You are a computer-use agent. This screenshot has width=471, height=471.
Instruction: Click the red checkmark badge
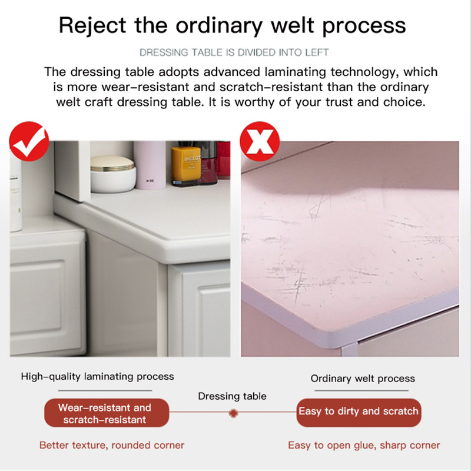pyautogui.click(x=29, y=141)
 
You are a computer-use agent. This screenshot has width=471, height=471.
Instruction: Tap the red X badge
pyautogui.click(x=260, y=141)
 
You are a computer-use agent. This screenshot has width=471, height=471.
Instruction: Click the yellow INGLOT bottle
pyautogui.click(x=186, y=165)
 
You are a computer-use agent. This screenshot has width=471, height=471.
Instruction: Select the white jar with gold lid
pyautogui.click(x=113, y=174)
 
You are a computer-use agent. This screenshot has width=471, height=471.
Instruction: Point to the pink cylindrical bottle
pyautogui.click(x=150, y=165)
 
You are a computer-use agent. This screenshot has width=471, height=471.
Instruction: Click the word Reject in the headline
pyautogui.click(x=92, y=26)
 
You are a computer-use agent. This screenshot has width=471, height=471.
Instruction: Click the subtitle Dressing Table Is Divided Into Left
pyautogui.click(x=234, y=52)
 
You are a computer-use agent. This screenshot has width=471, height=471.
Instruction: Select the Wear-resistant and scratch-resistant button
pyautogui.click(x=107, y=413)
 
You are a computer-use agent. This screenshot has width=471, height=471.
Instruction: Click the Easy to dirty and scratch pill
pyautogui.click(x=359, y=412)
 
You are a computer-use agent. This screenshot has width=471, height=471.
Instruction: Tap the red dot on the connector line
pyautogui.click(x=233, y=413)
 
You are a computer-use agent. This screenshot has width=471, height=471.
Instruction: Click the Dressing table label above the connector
pyautogui.click(x=232, y=396)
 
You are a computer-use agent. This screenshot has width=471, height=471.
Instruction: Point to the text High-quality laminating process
pyautogui.click(x=97, y=377)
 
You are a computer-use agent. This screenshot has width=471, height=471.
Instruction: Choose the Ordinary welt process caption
pyautogui.click(x=363, y=379)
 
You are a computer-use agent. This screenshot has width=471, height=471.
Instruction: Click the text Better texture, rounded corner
pyautogui.click(x=112, y=445)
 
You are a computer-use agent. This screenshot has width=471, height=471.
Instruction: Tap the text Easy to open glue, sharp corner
pyautogui.click(x=364, y=445)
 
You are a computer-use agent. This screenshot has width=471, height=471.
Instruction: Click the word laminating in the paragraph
pyautogui.click(x=296, y=72)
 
